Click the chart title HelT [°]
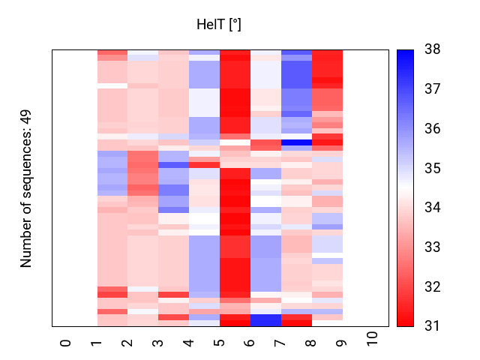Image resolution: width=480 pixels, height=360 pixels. coord(218,25)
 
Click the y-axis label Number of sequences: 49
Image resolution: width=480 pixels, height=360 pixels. coord(26,187)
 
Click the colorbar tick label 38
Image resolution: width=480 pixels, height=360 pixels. coord(432,49)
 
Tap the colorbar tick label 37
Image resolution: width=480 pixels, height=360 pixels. coord(432,89)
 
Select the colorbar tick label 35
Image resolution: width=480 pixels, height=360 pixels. coord(432,168)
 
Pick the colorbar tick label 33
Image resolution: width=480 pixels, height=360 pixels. coord(432,247)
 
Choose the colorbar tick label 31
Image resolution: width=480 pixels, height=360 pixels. coord(432,325)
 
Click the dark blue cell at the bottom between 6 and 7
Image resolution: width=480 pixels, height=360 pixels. coord(265,320)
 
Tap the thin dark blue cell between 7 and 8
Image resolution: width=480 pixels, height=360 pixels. coord(296,142)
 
